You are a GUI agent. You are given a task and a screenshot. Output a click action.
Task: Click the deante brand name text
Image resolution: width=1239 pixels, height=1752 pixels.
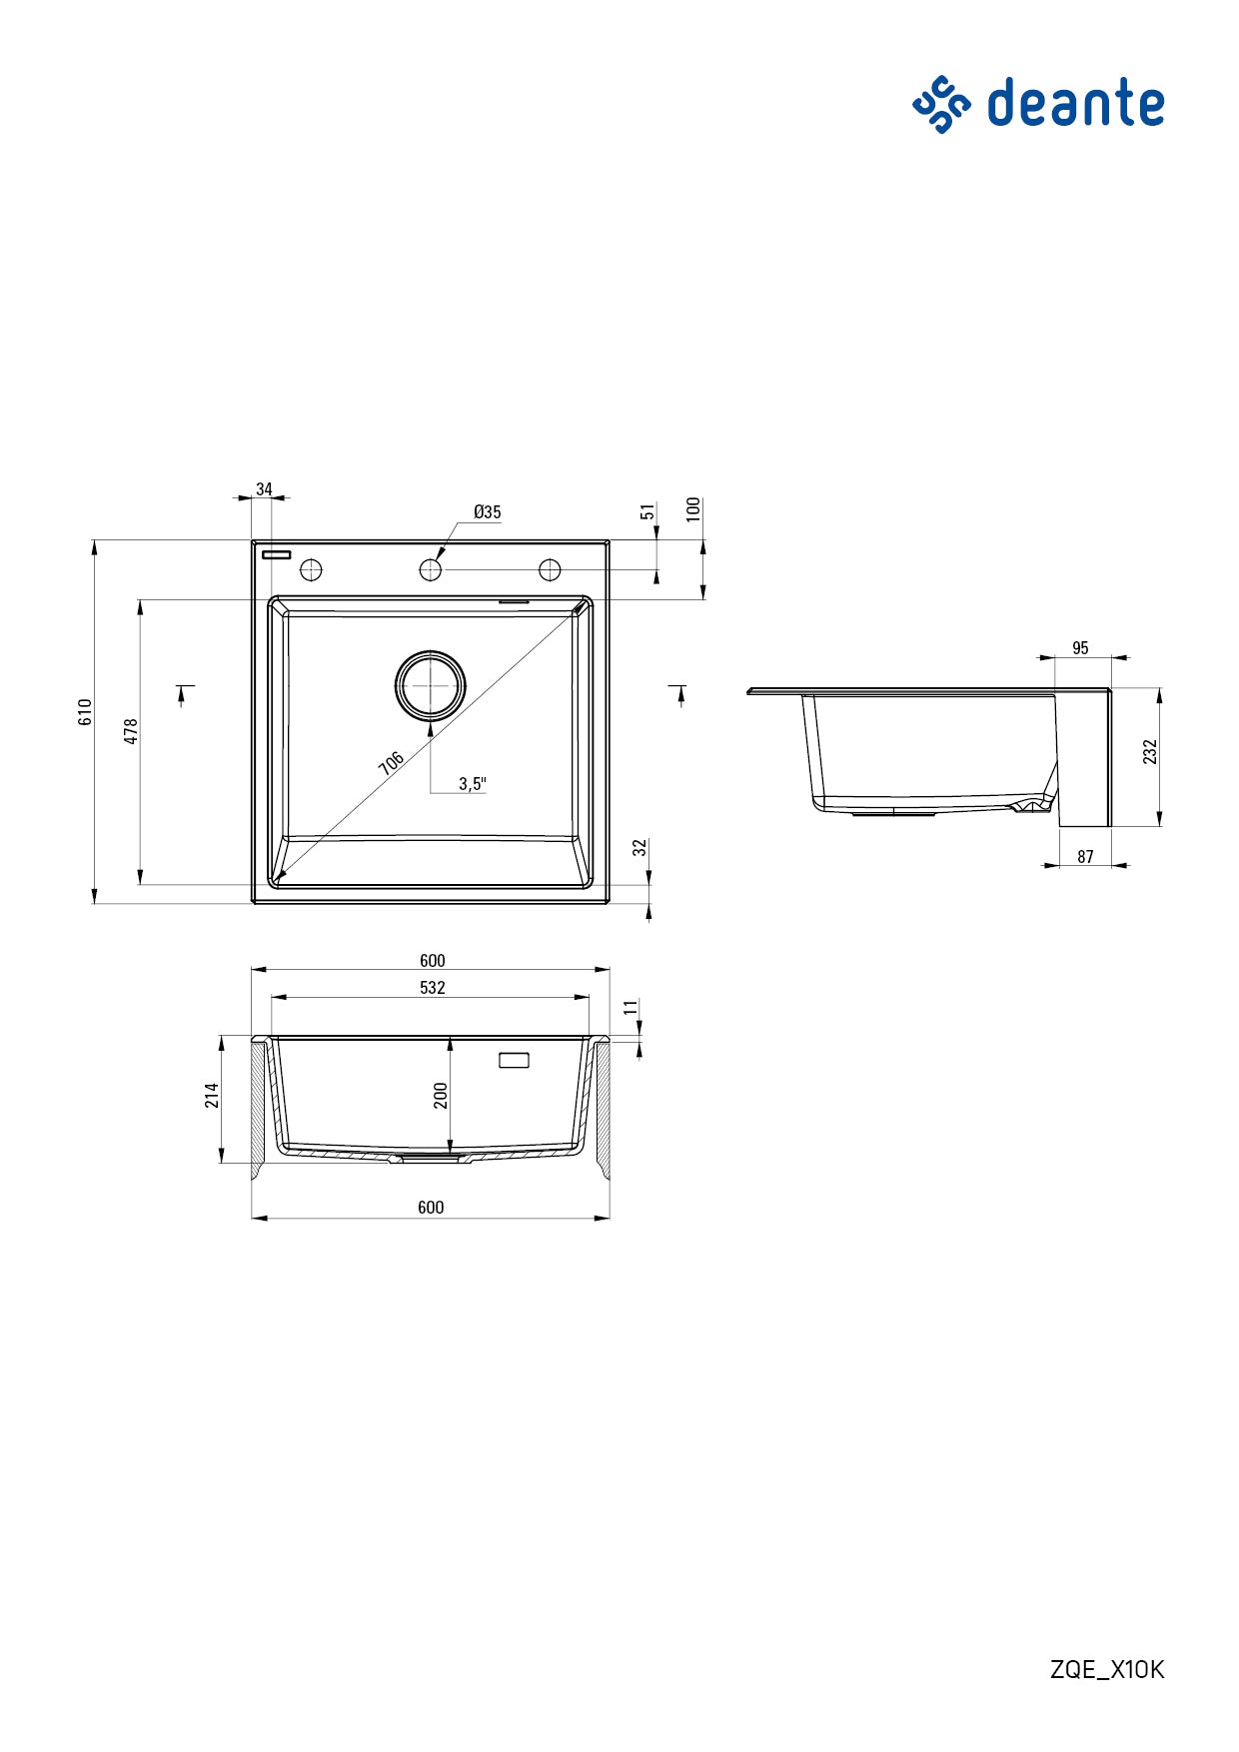(x=1075, y=104)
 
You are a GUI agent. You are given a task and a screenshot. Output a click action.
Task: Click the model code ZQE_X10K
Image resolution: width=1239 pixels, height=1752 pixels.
(x=1106, y=1669)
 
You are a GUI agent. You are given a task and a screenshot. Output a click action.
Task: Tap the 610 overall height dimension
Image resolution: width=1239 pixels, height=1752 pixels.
(x=86, y=711)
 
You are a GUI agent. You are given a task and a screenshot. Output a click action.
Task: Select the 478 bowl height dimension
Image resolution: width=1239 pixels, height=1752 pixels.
(x=131, y=731)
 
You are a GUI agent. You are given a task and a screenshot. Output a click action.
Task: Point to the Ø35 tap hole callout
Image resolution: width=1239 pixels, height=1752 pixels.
(x=488, y=512)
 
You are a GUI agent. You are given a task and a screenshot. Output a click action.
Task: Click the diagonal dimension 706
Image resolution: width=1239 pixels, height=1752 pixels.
(x=392, y=763)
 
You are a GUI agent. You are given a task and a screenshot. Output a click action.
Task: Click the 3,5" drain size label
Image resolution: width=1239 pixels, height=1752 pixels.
(x=472, y=784)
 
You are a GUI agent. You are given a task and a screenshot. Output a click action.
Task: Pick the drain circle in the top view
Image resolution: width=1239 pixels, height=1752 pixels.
(x=430, y=686)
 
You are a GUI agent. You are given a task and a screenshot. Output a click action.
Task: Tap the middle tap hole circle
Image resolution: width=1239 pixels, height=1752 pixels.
(x=430, y=569)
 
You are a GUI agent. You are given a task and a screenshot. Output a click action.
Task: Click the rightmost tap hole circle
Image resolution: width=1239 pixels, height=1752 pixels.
(x=550, y=569)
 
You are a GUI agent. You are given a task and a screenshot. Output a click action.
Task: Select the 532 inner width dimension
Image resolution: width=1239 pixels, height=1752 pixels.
(x=432, y=988)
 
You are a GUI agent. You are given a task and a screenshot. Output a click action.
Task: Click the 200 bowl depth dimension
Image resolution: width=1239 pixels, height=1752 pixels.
(x=441, y=1095)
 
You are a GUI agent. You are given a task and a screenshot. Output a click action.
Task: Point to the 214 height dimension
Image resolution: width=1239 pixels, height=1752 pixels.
(x=212, y=1095)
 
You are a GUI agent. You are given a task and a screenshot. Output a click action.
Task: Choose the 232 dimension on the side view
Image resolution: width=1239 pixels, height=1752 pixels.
(x=1150, y=752)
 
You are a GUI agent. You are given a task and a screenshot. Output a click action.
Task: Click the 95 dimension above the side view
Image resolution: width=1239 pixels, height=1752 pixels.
(x=1080, y=648)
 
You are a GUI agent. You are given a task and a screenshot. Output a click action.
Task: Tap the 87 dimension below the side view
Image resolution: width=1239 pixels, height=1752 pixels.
(x=1085, y=857)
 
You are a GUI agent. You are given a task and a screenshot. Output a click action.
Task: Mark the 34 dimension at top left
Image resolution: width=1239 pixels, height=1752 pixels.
(x=264, y=489)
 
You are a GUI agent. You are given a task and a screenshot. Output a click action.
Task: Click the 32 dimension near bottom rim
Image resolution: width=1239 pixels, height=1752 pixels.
(x=640, y=849)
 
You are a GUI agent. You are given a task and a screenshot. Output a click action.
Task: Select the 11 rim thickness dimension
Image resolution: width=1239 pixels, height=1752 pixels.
(x=630, y=1007)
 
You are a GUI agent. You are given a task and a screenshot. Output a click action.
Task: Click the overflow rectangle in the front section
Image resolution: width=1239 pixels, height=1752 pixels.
(x=514, y=1060)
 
